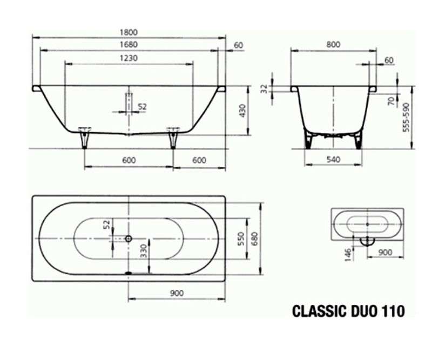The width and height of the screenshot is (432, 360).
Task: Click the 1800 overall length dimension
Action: coord(129,32)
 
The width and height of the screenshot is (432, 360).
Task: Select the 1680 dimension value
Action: coord(129,45)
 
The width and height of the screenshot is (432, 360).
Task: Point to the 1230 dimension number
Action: coord(129,58)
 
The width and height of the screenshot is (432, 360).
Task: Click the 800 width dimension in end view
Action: coord(333,45)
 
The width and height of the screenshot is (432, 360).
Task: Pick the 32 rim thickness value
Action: coord(265,89)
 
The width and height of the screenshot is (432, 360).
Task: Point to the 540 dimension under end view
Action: coord(333,160)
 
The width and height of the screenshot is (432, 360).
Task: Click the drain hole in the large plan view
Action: coord(129,238)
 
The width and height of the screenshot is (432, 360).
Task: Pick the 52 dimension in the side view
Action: coord(142,107)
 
